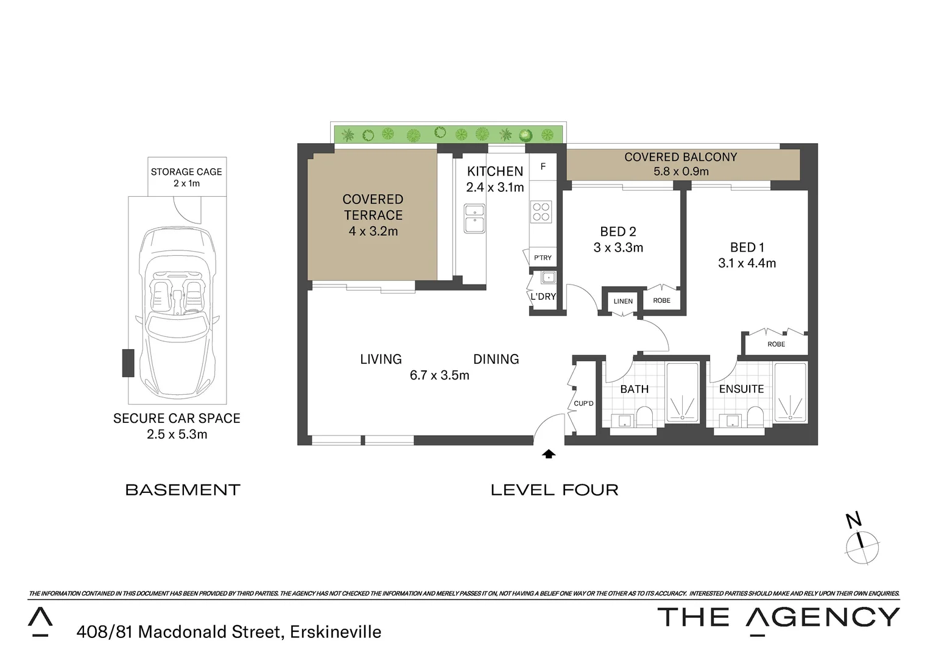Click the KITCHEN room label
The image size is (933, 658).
coord(495,171)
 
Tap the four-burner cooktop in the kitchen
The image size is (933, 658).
coord(541,211)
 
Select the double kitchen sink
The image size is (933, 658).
coord(474,219)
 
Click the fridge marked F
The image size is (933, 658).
coord(543,166)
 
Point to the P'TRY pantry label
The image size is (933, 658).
coord(542,258)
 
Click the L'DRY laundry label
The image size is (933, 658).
coord(543,297)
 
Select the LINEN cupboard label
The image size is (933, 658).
coord(622,301)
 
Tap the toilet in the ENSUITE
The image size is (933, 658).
coord(755,417)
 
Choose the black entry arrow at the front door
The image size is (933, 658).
coord(549,453)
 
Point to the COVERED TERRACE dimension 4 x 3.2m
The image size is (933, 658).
coord(373,232)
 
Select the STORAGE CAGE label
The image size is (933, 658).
coord(186,172)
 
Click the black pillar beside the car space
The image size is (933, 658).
coord(128,363)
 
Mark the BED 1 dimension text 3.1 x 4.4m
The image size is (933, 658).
coord(747,263)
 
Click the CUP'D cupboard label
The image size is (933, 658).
coord(583,403)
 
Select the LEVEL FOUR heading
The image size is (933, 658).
coord(554,490)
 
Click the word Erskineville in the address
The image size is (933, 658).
coord(335,632)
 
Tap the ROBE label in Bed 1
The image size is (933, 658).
coord(776,344)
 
